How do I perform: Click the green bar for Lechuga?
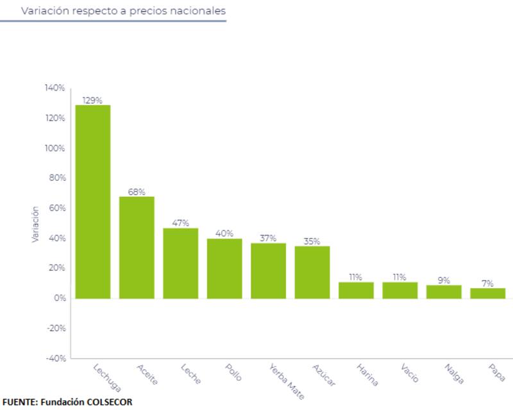(93, 201)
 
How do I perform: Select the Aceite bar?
(137, 247)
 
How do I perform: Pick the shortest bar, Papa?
(487, 293)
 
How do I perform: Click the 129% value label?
(93, 100)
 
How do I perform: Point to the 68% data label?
(137, 192)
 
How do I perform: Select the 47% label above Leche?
(180, 223)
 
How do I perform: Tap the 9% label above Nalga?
(444, 280)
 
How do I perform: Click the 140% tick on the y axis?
(55, 88)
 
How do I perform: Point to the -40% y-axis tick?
(55, 359)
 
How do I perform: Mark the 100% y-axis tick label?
(55, 148)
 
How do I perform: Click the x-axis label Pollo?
(233, 374)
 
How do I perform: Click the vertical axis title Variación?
(36, 224)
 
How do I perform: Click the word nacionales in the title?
(195, 11)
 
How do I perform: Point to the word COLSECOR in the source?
(105, 402)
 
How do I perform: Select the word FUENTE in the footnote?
(19, 402)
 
